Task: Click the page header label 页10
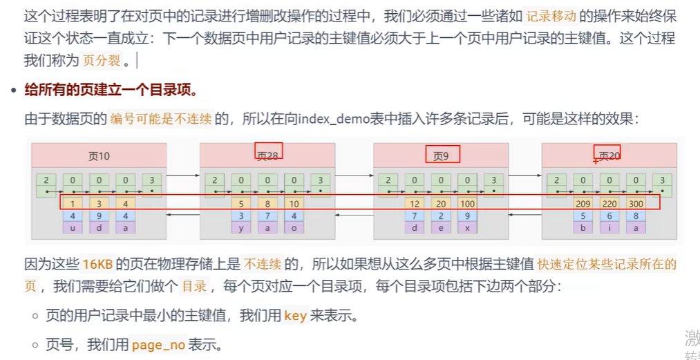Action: pos(99,155)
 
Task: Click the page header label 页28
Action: pos(267,155)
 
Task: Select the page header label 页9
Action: pos(441,155)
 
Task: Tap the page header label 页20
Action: pos(609,155)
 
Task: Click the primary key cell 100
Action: pos(468,204)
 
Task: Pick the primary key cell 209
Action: pos(583,204)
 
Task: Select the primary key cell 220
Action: pos(609,204)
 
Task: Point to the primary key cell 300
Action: pos(636,204)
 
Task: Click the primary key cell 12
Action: pos(415,204)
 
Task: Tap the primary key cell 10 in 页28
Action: pos(294,204)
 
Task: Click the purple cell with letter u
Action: pos(73,227)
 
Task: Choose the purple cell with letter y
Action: pos(240,227)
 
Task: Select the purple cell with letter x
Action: pos(468,227)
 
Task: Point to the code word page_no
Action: pos(158,344)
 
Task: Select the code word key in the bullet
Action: pos(295,316)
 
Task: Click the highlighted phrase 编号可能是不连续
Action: pos(160,118)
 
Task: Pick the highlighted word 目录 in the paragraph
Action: pos(193,285)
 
